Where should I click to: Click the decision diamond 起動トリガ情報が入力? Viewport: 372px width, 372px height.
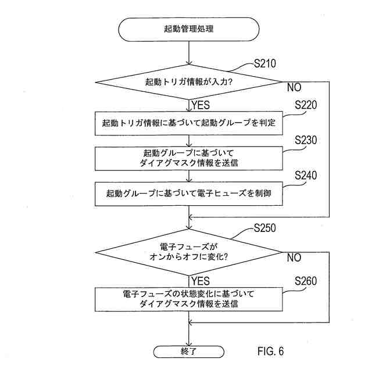tap(189, 82)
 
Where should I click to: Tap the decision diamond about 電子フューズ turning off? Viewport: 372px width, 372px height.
tap(189, 252)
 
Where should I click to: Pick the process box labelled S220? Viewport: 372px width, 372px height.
tap(189, 123)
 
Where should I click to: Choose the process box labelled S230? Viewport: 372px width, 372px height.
tap(189, 158)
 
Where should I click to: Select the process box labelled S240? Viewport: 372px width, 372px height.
tap(189, 194)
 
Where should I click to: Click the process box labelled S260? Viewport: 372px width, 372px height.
tap(189, 299)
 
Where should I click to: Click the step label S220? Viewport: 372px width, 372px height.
tap(306, 106)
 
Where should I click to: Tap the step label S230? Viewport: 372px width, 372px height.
tap(306, 141)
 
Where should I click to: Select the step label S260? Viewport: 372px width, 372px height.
tap(306, 281)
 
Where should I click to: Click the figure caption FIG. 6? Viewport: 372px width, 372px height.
tap(270, 352)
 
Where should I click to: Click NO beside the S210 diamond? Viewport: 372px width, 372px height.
tap(294, 88)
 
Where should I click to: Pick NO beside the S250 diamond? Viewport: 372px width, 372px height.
tap(294, 257)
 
